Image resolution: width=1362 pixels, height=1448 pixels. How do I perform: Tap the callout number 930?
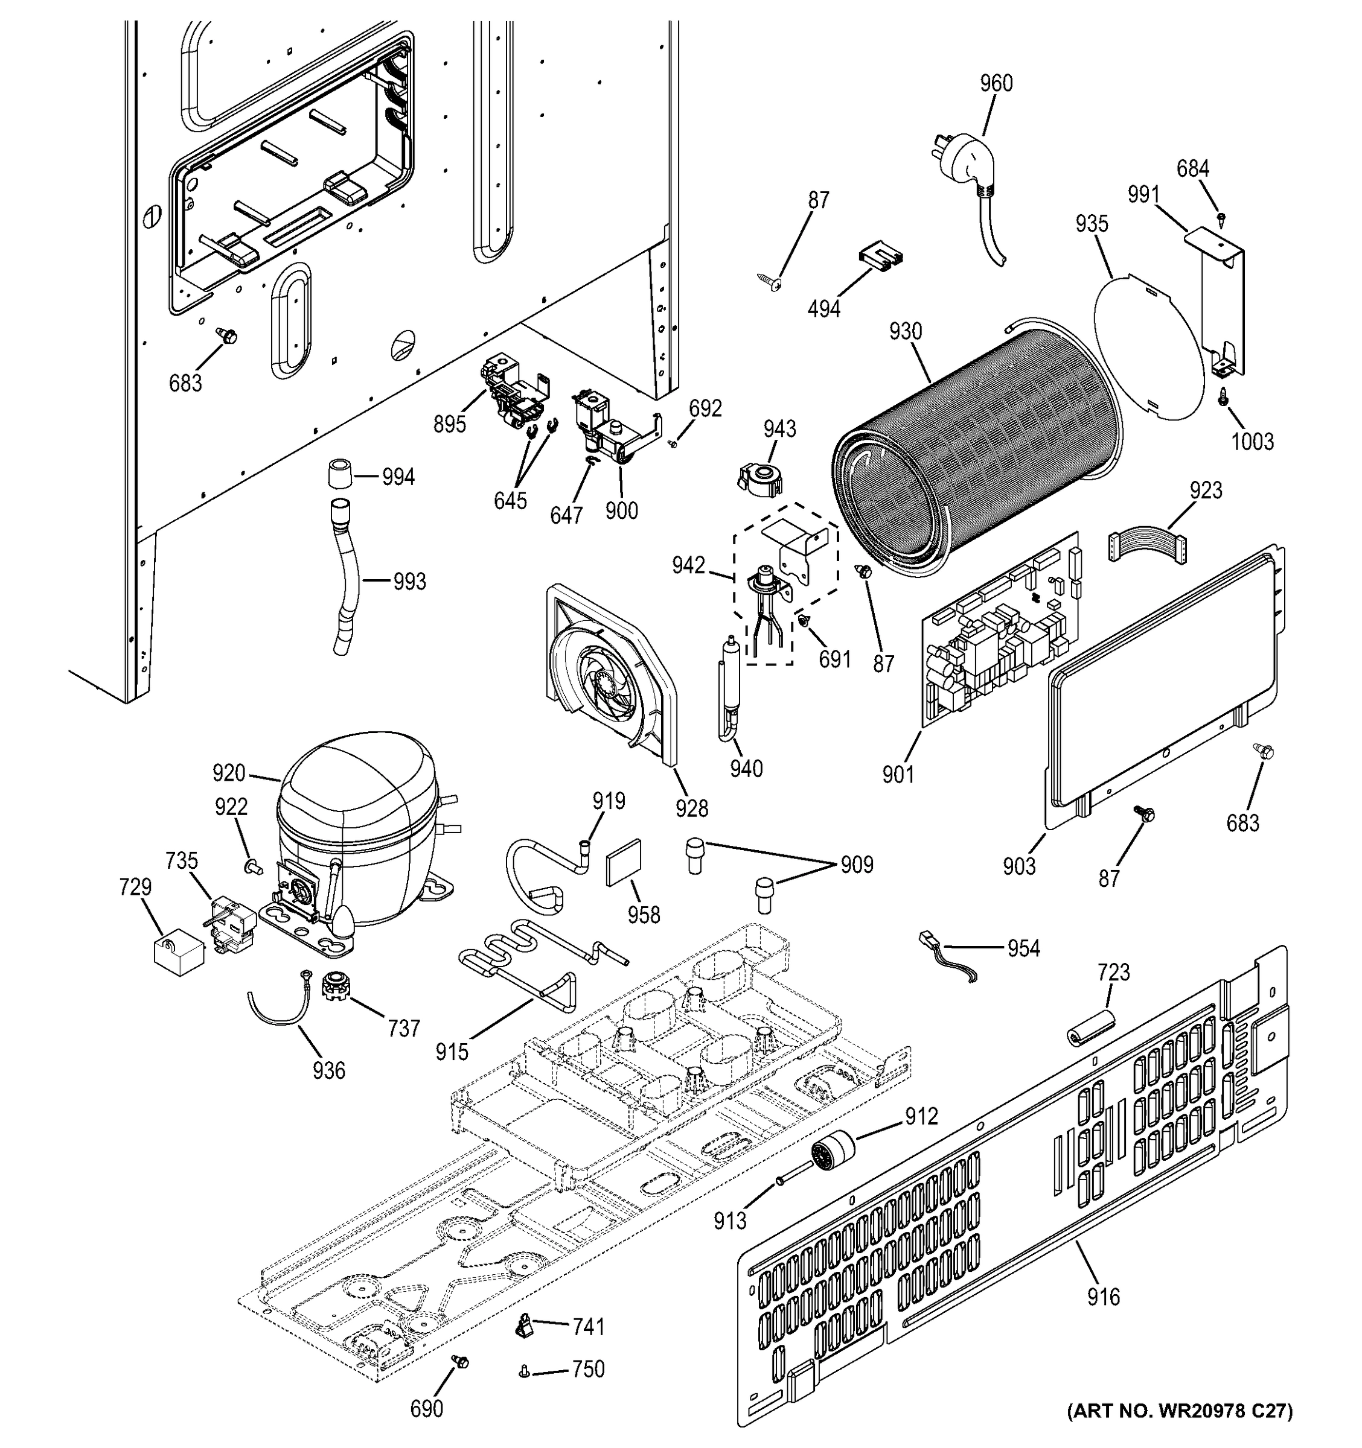(905, 332)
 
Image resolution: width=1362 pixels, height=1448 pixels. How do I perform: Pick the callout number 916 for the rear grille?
(1102, 1297)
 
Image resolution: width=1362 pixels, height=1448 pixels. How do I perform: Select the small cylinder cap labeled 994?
(337, 477)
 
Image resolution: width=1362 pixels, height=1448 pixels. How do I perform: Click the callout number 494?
(823, 309)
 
